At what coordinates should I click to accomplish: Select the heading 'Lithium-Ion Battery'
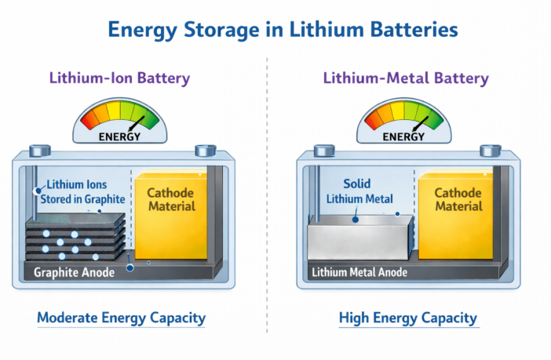(x=119, y=78)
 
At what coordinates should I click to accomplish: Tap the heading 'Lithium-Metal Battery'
(x=406, y=78)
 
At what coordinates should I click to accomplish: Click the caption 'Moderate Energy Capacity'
(x=121, y=318)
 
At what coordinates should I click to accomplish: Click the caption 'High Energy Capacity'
(x=407, y=318)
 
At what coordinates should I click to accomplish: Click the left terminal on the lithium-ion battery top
(x=37, y=150)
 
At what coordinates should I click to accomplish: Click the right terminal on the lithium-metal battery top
(x=490, y=150)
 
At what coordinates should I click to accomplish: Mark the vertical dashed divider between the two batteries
(x=267, y=196)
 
